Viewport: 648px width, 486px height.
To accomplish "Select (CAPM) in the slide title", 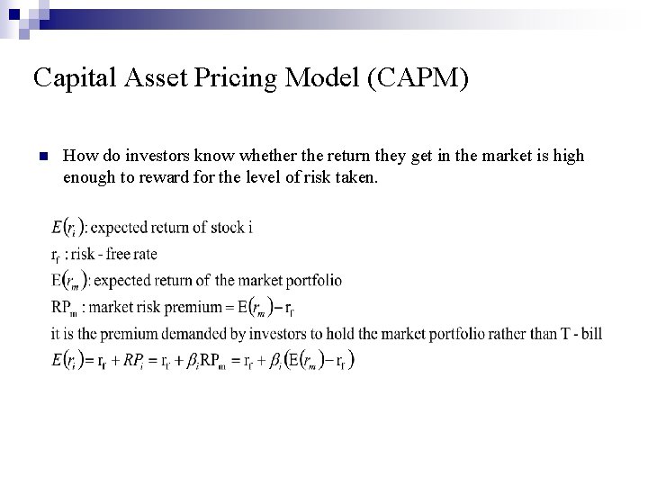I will [x=417, y=78].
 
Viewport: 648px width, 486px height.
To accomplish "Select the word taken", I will [x=358, y=178].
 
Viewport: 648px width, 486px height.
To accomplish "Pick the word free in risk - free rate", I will [x=126, y=253].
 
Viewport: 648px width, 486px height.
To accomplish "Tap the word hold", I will [x=325, y=334].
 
